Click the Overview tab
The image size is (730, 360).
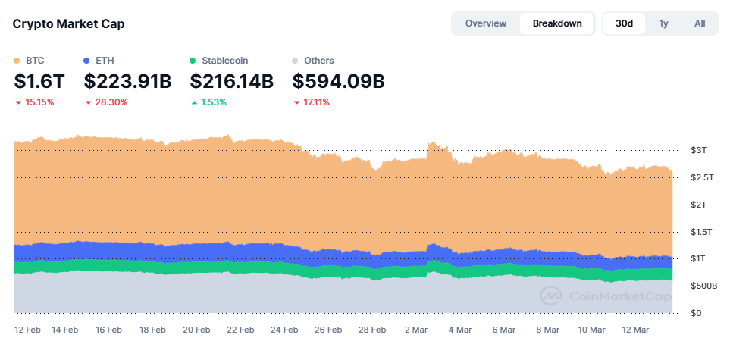point(486,23)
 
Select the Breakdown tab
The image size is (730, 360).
point(557,23)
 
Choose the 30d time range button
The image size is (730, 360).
point(624,23)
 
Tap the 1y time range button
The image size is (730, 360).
point(663,23)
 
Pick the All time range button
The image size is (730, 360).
point(700,23)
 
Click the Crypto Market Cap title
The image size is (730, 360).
point(69,24)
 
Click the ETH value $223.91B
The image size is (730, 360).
point(127,80)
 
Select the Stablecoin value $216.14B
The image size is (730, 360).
point(231,80)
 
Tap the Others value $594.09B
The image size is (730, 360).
point(339,80)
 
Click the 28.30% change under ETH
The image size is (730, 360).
point(106,102)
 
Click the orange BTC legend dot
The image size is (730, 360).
point(17,61)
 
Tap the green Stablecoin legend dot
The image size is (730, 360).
point(193,61)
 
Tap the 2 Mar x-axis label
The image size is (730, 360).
point(416,330)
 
